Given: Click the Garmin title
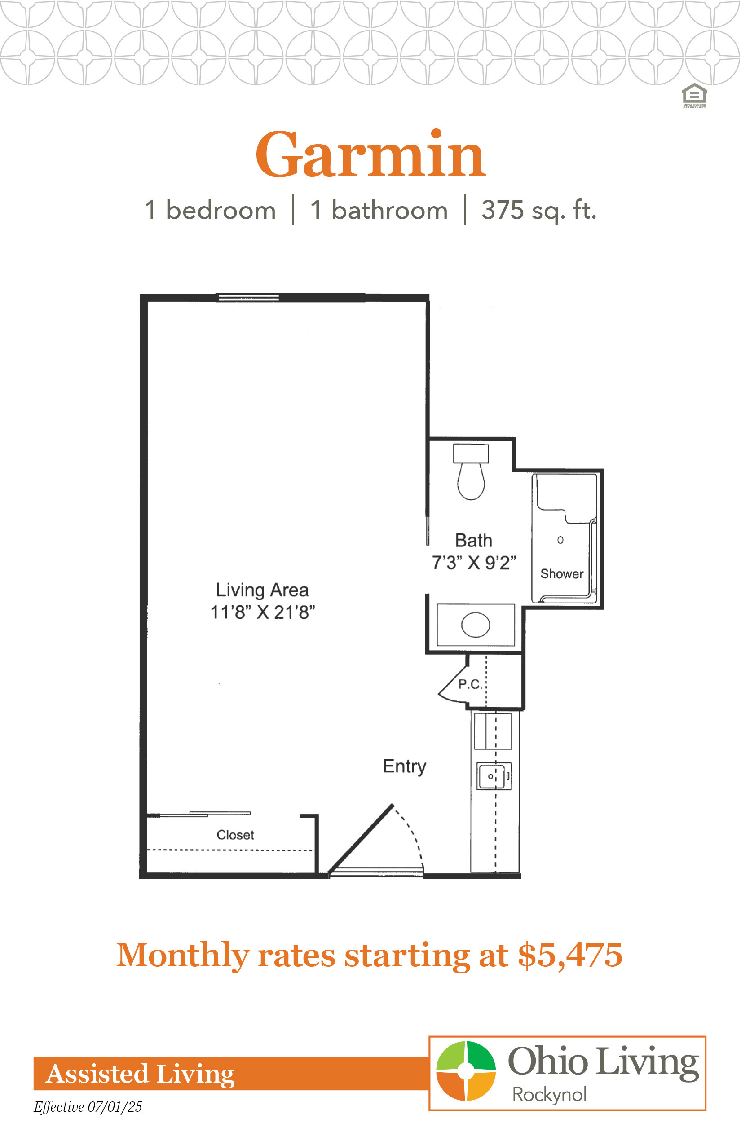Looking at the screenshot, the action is coord(370,154).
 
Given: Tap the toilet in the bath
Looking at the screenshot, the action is coord(471,472).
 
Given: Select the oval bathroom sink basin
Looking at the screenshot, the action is coord(476,625).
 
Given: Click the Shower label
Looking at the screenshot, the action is coord(561,573).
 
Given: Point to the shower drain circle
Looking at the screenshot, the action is coord(560,540).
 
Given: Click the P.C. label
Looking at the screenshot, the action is coord(470,684).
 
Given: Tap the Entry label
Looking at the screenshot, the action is coord(404,766).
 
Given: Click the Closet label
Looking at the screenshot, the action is coord(235,835).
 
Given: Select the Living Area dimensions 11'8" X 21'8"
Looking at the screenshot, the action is coord(263,612).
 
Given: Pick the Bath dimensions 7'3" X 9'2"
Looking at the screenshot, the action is coord(474,562).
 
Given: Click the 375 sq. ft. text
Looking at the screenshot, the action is coord(539,210).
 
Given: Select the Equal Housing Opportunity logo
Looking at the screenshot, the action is coord(694,96).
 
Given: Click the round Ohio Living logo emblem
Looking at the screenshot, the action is coord(466,1071).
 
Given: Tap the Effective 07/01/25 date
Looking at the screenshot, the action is coord(88,1107).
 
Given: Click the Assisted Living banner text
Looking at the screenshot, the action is coord(140,1074).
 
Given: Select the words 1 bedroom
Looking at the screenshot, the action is coord(210,210).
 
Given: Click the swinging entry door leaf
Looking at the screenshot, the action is coord(361,839).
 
